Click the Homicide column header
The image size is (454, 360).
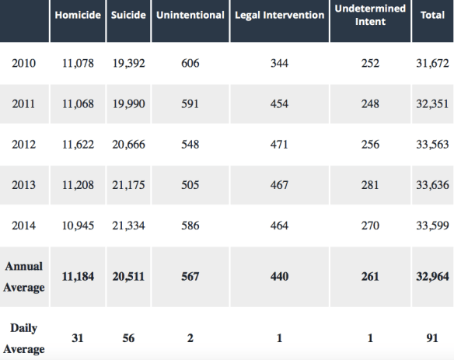click(x=79, y=16)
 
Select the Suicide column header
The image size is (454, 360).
click(x=128, y=16)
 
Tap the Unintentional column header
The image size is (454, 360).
click(x=190, y=16)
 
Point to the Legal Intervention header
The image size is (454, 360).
click(x=279, y=16)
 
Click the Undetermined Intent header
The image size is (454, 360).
click(x=370, y=15)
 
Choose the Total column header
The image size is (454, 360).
click(x=432, y=16)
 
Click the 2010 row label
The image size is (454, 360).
click(x=23, y=64)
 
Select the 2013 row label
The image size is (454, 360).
click(x=23, y=185)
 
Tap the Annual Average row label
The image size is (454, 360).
click(x=24, y=277)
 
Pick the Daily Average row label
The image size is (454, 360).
click(x=24, y=338)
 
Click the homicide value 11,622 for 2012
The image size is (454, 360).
click(x=79, y=145)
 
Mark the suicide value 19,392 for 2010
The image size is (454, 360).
click(x=128, y=64)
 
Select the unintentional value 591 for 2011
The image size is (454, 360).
click(x=190, y=104)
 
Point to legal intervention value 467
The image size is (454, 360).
click(x=279, y=185)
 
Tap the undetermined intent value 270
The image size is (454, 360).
click(x=370, y=226)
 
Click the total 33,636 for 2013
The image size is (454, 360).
click(x=432, y=185)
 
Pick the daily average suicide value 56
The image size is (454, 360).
click(x=128, y=339)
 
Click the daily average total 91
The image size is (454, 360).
click(x=432, y=339)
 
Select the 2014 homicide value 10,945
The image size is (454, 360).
click(x=79, y=226)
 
